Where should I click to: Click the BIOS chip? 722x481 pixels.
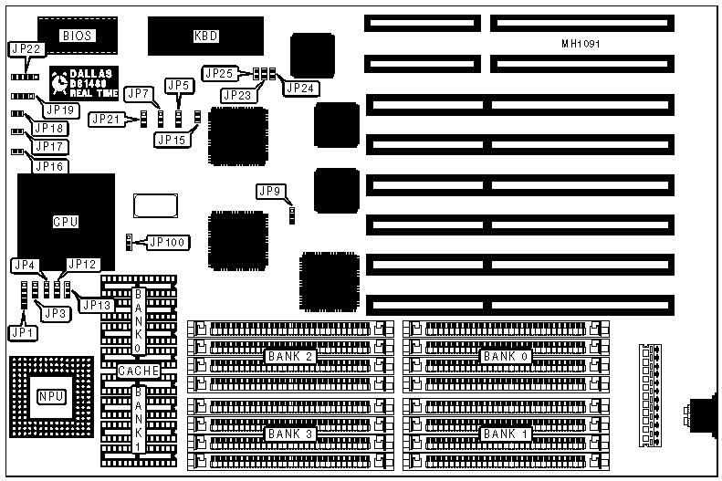pyautogui.click(x=78, y=36)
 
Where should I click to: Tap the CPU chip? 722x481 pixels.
pyautogui.click(x=66, y=221)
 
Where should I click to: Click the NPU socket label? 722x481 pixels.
pyautogui.click(x=49, y=396)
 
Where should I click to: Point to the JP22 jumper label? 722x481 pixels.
pyautogui.click(x=26, y=49)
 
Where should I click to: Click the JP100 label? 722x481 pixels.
pyautogui.click(x=166, y=242)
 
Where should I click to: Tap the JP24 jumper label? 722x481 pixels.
pyautogui.click(x=298, y=89)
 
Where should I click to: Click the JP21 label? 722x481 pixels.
pyautogui.click(x=106, y=119)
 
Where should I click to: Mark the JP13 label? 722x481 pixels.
pyautogui.click(x=97, y=306)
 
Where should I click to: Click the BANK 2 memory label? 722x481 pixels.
pyautogui.click(x=290, y=356)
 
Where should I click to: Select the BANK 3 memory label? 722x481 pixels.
pyautogui.click(x=290, y=434)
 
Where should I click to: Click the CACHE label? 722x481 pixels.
pyautogui.click(x=139, y=371)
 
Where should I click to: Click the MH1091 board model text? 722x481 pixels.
pyautogui.click(x=581, y=44)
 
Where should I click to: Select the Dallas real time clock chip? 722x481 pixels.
pyautogui.click(x=83, y=83)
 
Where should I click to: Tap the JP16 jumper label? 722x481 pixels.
pyautogui.click(x=50, y=166)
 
